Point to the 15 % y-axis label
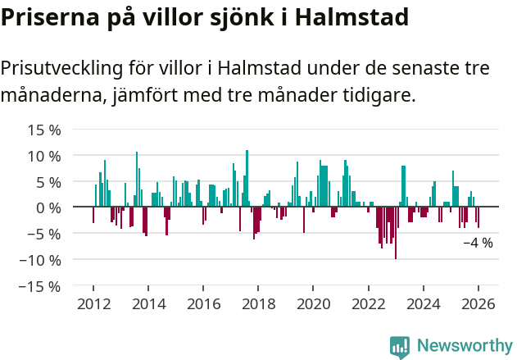point(44,130)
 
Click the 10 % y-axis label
point(44,156)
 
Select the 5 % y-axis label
point(48,182)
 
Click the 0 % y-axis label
point(48,207)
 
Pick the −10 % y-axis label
point(40,260)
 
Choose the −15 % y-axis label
point(40,286)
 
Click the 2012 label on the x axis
point(93,304)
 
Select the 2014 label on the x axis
point(148,304)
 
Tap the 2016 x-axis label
point(203,304)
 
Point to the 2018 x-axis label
point(258,304)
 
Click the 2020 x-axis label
point(313,304)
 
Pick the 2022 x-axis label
point(368,304)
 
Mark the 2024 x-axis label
point(424,304)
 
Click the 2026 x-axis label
point(478,304)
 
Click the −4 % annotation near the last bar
point(478,243)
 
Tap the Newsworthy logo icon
point(400,346)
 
